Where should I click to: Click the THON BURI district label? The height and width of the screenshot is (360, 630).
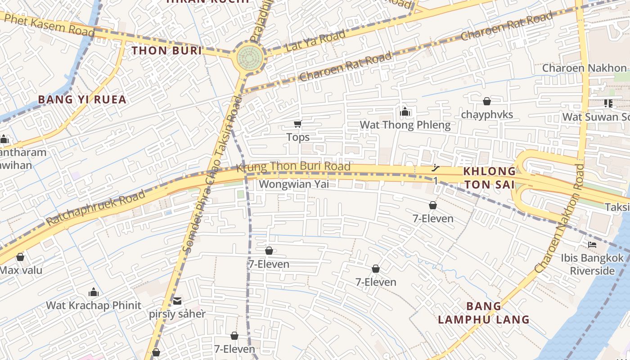click(x=166, y=50)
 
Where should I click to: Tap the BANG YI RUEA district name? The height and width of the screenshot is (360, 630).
click(x=82, y=99)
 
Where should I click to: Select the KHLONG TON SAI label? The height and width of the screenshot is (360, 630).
click(x=490, y=178)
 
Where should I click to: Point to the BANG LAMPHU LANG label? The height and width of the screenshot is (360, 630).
click(x=484, y=313)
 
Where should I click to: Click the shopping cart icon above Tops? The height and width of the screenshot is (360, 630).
click(x=297, y=124)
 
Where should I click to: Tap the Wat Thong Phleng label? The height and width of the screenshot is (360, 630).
click(x=405, y=125)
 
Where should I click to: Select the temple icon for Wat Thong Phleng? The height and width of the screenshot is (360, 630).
click(x=405, y=112)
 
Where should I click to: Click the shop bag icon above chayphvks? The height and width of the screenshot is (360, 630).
click(x=486, y=101)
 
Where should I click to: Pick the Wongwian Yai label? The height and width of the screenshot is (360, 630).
click(x=293, y=184)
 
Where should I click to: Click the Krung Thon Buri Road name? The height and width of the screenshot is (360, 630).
click(x=293, y=166)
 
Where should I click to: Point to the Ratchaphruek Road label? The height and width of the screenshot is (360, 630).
click(x=96, y=208)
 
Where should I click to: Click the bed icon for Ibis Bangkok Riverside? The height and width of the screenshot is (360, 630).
click(x=592, y=245)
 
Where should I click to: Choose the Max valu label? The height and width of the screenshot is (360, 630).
click(x=21, y=270)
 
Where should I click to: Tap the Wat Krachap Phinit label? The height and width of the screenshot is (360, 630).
click(x=94, y=305)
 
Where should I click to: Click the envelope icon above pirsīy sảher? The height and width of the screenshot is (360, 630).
click(x=177, y=301)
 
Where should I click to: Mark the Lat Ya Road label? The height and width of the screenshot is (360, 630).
click(x=316, y=40)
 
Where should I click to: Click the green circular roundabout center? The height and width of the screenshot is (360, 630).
click(x=247, y=56)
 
